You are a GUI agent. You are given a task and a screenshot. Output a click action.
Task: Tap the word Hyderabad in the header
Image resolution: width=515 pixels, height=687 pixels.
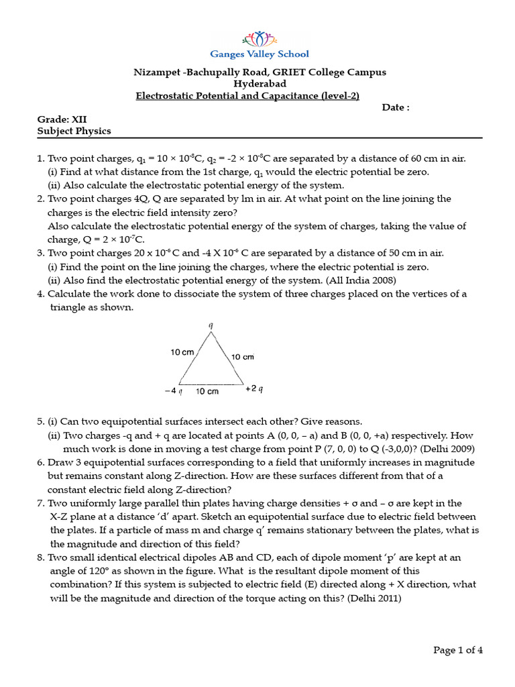(260, 84)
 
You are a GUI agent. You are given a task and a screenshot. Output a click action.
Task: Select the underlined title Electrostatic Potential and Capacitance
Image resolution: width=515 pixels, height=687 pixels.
(248, 95)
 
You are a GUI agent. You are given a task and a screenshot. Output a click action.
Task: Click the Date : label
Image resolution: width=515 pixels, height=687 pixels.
(396, 107)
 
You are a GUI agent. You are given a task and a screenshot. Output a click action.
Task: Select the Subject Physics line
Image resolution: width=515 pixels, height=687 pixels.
(74, 131)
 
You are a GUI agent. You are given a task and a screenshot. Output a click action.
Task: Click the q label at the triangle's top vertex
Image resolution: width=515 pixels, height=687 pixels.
(211, 325)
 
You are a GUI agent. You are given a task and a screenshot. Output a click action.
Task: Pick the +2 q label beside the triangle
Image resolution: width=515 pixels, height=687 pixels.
(254, 388)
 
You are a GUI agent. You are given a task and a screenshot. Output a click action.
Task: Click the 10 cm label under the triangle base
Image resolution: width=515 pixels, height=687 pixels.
(207, 390)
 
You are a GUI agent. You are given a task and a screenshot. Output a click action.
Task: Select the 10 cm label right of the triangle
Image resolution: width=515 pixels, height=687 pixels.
(243, 357)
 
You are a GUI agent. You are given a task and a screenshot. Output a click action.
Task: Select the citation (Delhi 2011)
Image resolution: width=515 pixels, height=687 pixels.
(374, 599)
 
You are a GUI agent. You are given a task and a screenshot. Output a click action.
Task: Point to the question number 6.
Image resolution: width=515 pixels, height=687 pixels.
(40, 463)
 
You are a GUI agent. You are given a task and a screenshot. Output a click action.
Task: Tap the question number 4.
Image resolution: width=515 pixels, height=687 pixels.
(40, 294)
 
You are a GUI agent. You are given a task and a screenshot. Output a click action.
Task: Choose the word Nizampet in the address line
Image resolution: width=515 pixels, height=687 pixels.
(154, 72)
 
